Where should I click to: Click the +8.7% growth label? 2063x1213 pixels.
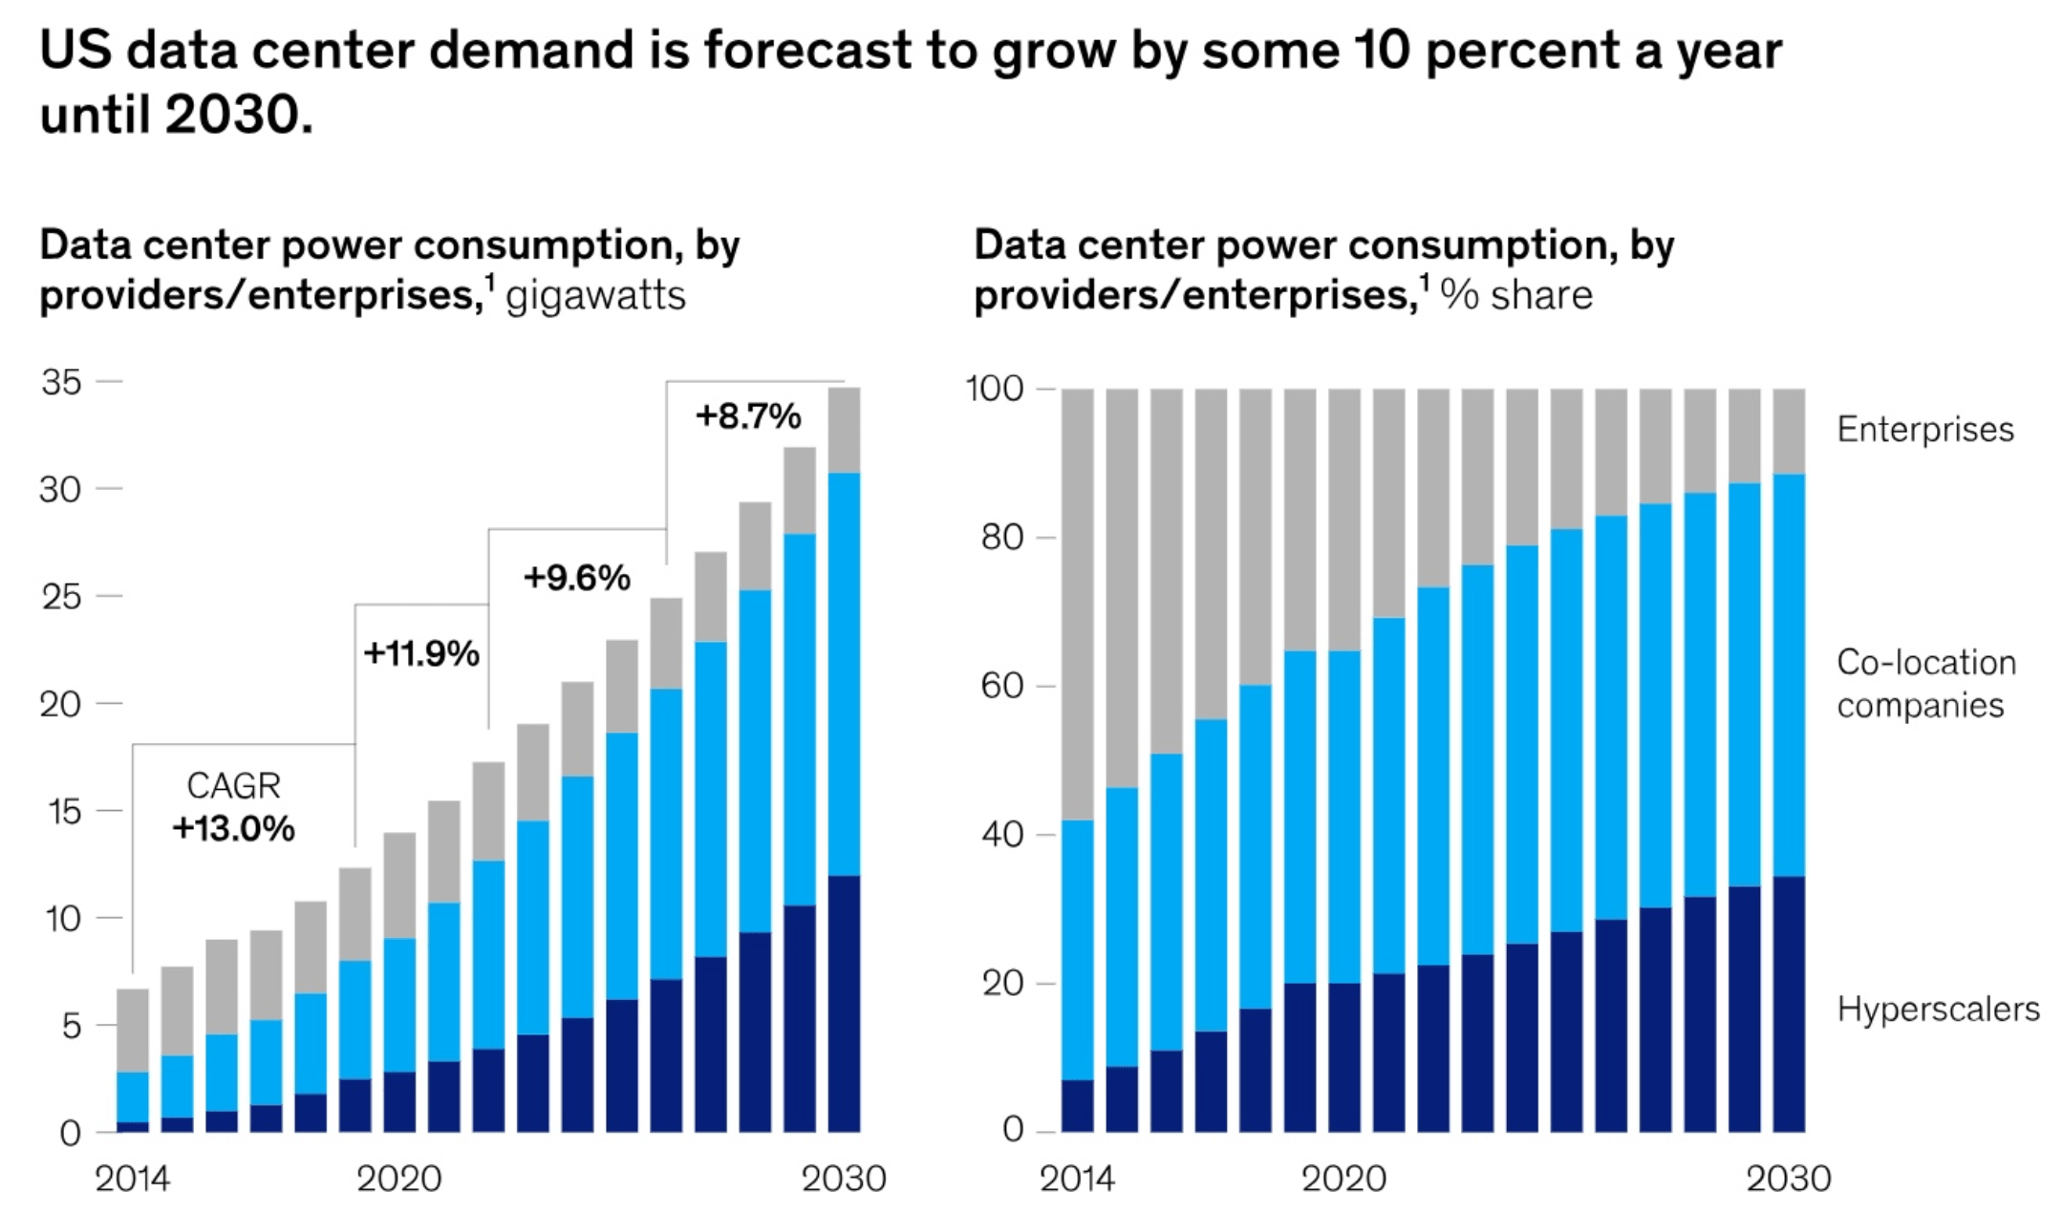(x=748, y=416)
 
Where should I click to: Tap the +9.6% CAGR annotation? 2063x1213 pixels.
(x=577, y=578)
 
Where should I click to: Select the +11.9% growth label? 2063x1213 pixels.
(x=421, y=654)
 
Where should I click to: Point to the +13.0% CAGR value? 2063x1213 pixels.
(x=233, y=828)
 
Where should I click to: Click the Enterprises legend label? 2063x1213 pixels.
(x=1924, y=430)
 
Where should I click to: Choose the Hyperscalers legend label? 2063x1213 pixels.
(x=1938, y=1010)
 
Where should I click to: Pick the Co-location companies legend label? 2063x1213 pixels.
(x=1925, y=684)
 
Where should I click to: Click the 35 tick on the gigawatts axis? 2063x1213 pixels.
(x=61, y=382)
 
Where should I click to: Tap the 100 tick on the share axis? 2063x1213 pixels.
(x=995, y=389)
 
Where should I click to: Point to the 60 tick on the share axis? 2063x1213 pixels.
(x=1001, y=686)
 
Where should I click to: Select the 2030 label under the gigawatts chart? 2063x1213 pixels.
(x=843, y=1179)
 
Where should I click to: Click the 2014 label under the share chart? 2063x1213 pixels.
(x=1077, y=1179)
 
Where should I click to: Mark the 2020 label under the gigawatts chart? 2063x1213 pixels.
(x=398, y=1179)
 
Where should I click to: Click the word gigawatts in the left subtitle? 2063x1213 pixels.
(x=595, y=296)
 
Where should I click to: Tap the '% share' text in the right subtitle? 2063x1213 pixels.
(x=1516, y=295)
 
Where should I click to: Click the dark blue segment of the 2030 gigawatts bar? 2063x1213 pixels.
(x=844, y=1003)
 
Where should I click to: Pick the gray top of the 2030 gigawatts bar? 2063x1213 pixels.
(x=844, y=430)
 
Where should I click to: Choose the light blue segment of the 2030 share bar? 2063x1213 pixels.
(x=1789, y=674)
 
